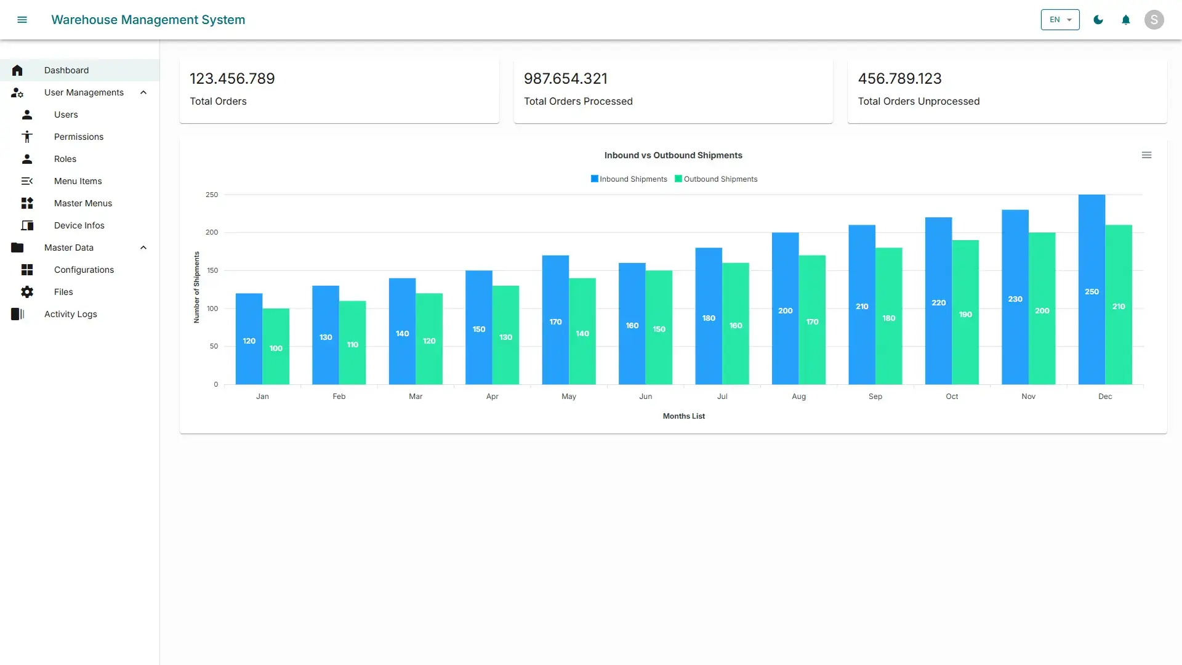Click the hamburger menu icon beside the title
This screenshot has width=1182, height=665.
[22, 20]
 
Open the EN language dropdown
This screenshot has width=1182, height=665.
[1059, 20]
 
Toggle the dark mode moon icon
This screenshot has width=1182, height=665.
[1098, 20]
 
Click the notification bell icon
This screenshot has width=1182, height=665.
[1126, 20]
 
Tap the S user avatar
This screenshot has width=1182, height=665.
[1154, 20]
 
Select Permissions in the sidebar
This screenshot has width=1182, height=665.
[78, 137]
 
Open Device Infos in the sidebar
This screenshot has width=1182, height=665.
[79, 225]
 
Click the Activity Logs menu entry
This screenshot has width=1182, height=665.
[70, 314]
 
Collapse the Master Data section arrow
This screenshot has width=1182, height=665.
[143, 248]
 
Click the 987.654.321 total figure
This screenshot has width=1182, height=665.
[565, 79]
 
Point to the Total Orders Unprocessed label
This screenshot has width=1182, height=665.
[919, 102]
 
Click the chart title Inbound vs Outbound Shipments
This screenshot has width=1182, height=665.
[673, 156]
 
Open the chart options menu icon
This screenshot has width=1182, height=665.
[1146, 155]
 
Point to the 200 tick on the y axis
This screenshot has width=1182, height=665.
[212, 233]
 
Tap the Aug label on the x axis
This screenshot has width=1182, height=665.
[798, 397]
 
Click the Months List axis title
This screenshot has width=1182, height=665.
[683, 416]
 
